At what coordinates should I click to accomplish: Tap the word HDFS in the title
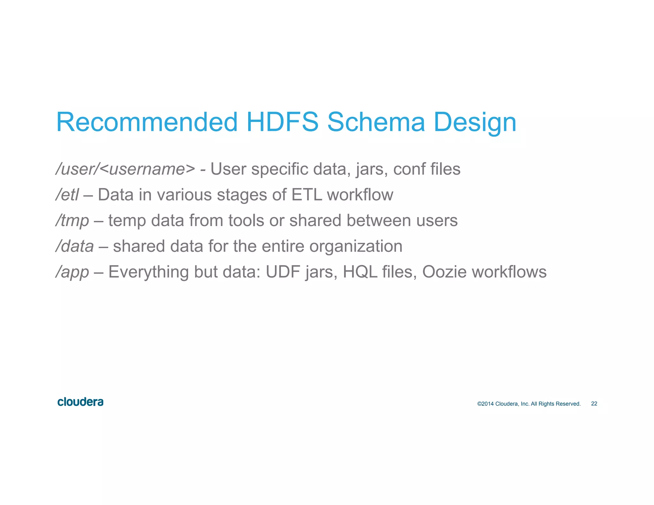(x=282, y=122)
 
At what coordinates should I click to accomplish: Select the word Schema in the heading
(x=376, y=122)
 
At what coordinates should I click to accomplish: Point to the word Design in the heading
(x=475, y=123)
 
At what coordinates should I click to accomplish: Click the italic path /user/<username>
(x=125, y=169)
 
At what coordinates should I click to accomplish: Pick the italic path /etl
(x=67, y=195)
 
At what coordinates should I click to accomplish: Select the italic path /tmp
(x=72, y=221)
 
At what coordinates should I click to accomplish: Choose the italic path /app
(x=72, y=272)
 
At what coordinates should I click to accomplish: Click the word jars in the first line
(x=372, y=169)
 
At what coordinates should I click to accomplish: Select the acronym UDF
(x=283, y=272)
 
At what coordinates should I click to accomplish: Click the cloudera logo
(x=80, y=402)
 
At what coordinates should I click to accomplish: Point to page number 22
(x=594, y=404)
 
